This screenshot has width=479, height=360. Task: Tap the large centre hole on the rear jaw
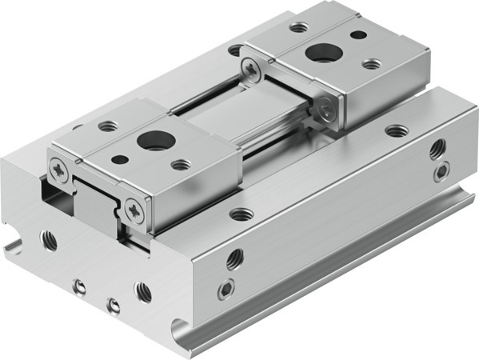click(324, 55)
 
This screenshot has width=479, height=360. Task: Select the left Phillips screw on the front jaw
click(61, 169)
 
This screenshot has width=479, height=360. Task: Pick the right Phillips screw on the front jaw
click(135, 211)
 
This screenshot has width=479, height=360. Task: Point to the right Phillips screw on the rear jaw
click(327, 112)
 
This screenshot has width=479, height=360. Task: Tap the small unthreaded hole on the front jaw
click(119, 159)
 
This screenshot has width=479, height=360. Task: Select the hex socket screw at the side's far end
click(441, 172)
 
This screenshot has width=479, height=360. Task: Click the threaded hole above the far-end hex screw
click(437, 149)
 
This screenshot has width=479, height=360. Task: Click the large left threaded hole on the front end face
click(50, 239)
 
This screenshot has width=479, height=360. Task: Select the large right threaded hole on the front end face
click(144, 292)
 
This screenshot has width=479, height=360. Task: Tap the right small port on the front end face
click(114, 305)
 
